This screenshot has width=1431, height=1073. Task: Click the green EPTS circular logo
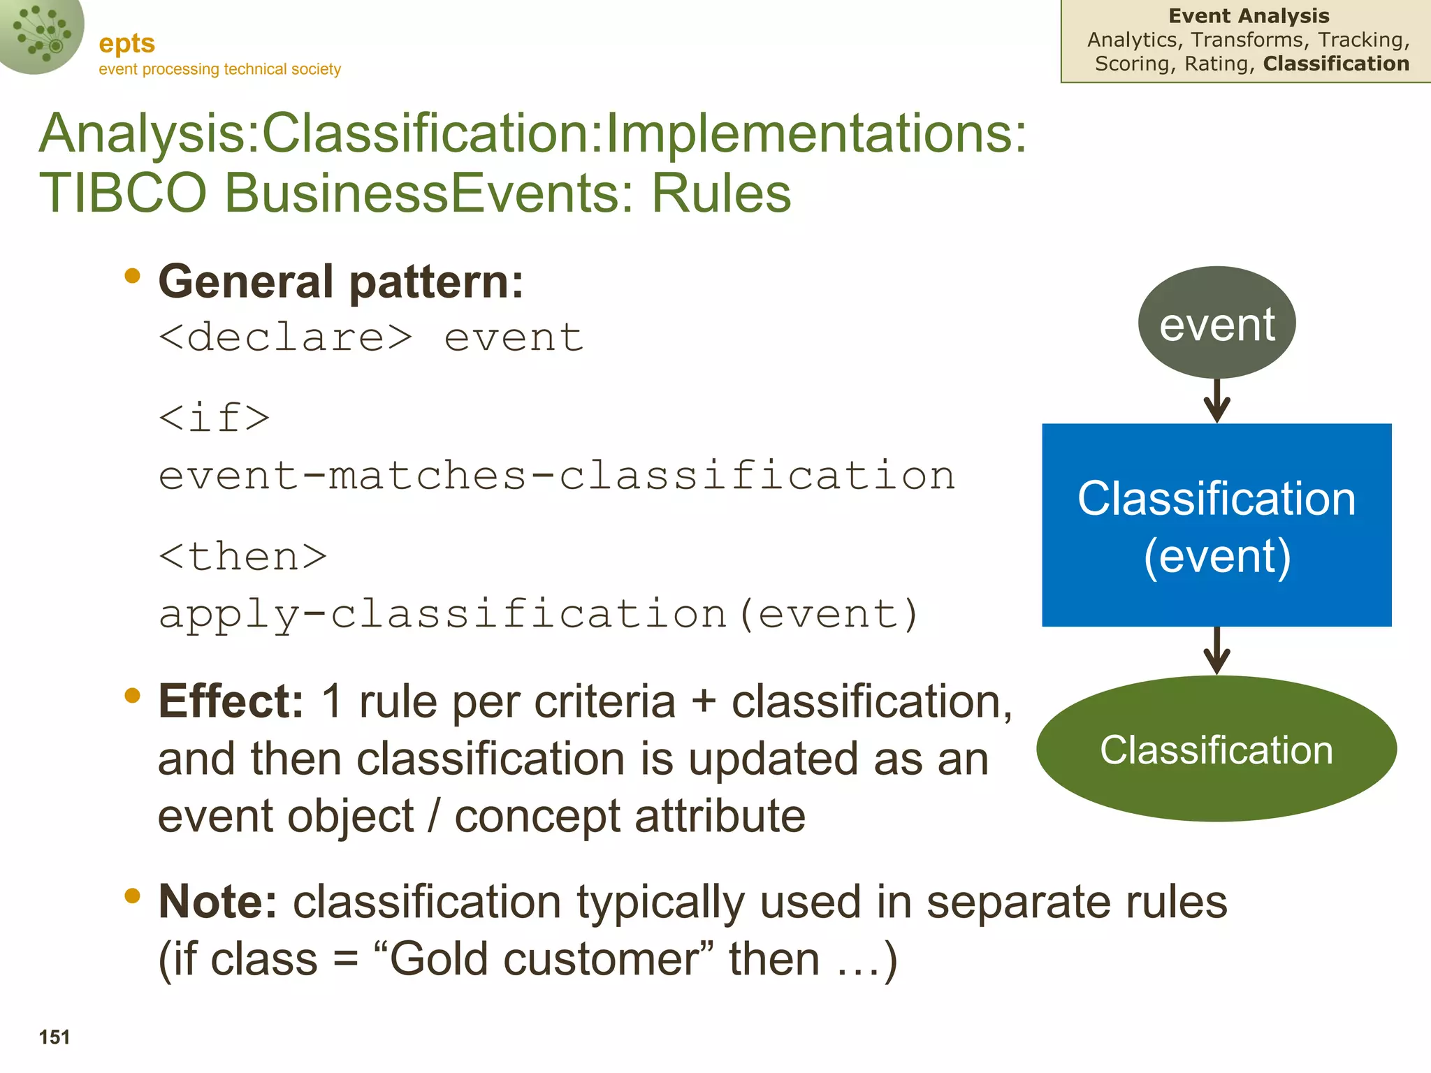[41, 35]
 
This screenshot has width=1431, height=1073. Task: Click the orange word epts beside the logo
[126, 43]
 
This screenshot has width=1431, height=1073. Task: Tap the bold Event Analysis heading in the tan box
[1249, 16]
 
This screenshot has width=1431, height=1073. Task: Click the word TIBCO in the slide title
[123, 193]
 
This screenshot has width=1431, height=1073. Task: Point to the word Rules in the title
[721, 193]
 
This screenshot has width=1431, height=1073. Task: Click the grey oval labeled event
[1216, 323]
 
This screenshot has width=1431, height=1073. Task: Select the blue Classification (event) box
[1216, 525]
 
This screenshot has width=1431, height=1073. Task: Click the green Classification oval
[1216, 749]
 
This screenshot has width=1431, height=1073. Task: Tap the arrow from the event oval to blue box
[1216, 401]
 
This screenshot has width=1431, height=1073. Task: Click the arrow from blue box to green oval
[1216, 651]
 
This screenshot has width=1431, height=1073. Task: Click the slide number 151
[55, 1037]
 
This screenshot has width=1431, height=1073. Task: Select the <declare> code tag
[286, 337]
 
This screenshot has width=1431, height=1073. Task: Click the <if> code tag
[214, 418]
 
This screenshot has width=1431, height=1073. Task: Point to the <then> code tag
[242, 557]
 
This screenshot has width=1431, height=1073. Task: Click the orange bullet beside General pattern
[132, 277]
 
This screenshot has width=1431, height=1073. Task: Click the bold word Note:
[218, 901]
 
